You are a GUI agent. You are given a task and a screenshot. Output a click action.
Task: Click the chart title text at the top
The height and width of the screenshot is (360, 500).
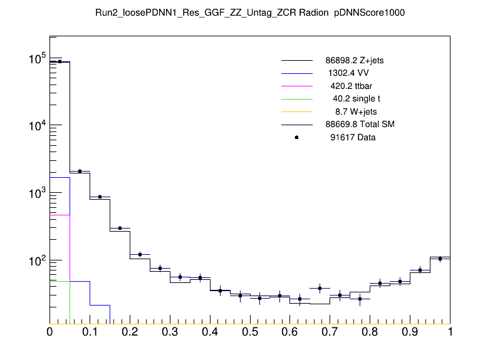(250, 13)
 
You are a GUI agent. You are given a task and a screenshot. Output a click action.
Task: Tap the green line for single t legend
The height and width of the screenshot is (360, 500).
(296, 99)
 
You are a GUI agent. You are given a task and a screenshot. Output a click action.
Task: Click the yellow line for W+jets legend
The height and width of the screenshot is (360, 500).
(296, 111)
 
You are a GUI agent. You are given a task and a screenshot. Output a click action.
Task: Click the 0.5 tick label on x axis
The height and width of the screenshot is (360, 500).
(250, 332)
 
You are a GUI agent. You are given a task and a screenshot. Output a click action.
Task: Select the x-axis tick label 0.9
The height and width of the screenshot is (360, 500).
(410, 332)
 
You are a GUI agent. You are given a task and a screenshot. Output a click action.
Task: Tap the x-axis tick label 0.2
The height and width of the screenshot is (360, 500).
(130, 332)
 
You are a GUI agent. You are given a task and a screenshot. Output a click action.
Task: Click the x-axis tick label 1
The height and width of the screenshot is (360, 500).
(450, 332)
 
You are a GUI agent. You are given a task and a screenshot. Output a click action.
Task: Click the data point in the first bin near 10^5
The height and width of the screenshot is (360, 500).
(60, 61)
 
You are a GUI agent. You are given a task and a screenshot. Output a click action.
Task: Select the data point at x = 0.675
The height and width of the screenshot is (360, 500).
(320, 289)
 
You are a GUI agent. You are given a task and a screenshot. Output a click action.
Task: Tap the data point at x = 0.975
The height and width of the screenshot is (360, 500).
(440, 259)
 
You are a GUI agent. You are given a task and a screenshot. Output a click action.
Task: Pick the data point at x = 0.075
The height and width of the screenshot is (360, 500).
(80, 171)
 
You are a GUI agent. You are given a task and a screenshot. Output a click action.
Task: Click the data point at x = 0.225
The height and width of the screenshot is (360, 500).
(140, 254)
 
